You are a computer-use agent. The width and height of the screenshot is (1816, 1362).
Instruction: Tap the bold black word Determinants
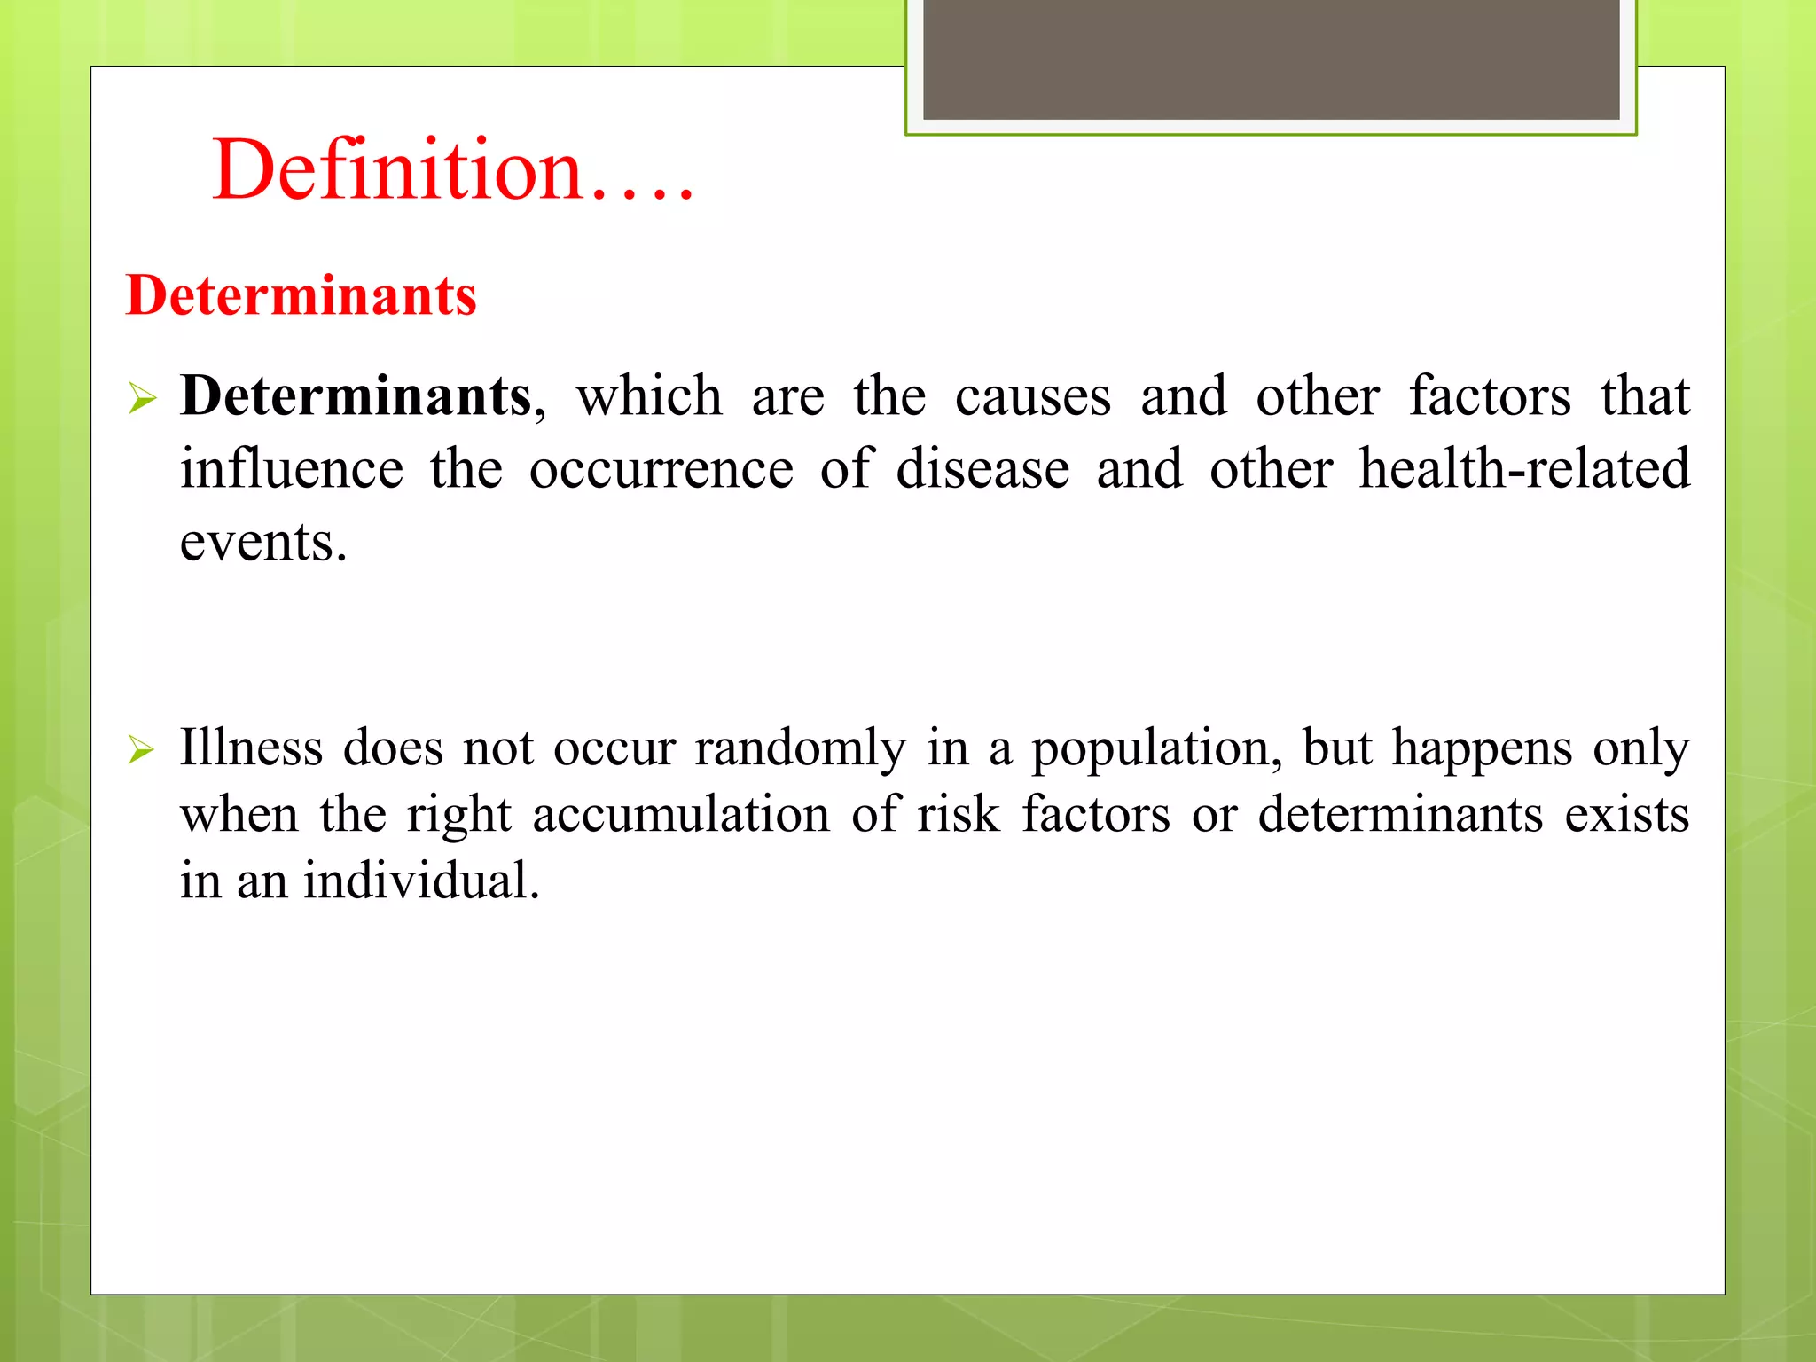(x=356, y=395)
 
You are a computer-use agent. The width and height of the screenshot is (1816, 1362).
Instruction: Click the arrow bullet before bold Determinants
(x=142, y=398)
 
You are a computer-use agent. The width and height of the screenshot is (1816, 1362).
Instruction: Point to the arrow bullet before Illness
(x=142, y=750)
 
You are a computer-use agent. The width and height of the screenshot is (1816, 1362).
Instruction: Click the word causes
(x=1032, y=396)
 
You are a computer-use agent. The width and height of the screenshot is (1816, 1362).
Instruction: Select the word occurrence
(x=661, y=470)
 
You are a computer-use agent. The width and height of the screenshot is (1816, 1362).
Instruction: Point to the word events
(x=262, y=543)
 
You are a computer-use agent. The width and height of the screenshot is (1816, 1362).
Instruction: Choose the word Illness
(x=251, y=747)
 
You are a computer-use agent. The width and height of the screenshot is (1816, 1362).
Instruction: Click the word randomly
(x=800, y=748)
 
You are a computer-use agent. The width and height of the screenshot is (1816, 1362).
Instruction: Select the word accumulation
(x=680, y=814)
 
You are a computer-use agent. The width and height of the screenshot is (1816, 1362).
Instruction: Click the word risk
(x=958, y=814)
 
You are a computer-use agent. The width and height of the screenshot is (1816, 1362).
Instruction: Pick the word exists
(x=1626, y=814)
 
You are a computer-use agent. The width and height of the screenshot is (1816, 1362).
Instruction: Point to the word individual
(x=421, y=881)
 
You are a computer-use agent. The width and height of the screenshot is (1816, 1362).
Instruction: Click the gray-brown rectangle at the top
(x=1271, y=59)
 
